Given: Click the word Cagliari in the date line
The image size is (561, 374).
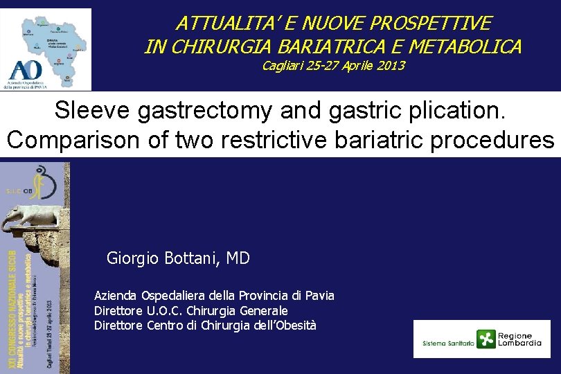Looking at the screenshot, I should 285,66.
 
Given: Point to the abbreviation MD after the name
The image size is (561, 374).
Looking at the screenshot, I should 238,259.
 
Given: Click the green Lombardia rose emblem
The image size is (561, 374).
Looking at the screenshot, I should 487,339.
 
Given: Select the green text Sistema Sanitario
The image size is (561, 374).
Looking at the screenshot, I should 448,343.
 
